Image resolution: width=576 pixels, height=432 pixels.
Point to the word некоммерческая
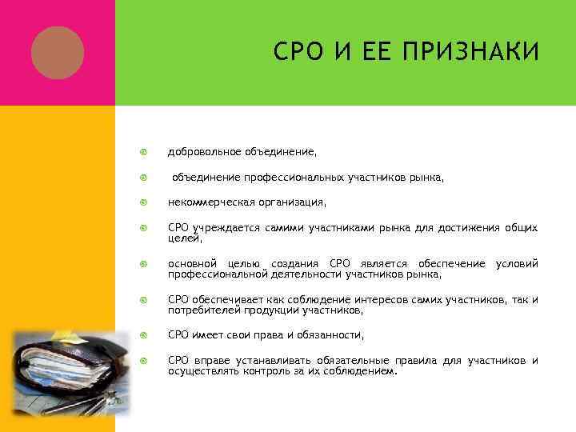(x=210, y=202)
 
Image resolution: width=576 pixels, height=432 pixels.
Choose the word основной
(x=190, y=264)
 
